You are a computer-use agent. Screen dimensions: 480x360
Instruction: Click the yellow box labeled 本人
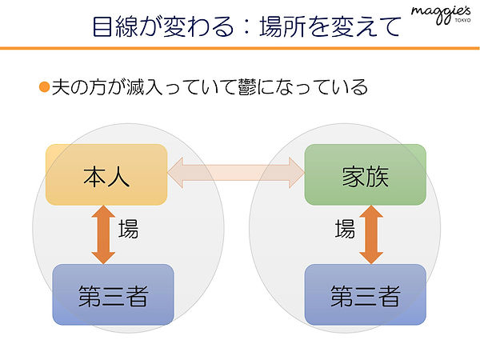coord(106,174)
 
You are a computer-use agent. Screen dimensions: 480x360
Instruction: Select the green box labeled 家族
coord(366,174)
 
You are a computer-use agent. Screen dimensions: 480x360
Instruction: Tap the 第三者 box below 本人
coord(114,294)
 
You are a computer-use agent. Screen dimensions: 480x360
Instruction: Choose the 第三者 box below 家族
coord(366,294)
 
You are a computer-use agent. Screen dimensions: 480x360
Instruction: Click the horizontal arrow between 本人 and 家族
coord(236,173)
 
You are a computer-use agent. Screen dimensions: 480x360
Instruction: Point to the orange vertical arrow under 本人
coord(103,234)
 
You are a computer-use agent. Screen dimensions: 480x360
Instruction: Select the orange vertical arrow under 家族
coord(371,234)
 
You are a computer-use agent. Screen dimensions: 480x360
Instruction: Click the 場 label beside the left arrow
coord(129,229)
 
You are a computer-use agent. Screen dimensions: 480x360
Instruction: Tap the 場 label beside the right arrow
coord(345,229)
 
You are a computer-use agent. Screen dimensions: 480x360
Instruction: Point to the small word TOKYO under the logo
coord(463,21)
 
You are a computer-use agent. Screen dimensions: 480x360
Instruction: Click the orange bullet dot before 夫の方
coord(44,87)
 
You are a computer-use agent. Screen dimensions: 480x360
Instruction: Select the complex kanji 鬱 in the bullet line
coord(247,87)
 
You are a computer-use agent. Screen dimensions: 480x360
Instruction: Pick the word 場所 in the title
coord(283,27)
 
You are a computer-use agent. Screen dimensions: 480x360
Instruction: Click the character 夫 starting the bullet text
coord(61,87)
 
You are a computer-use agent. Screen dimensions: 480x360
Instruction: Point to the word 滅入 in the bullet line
coord(144,87)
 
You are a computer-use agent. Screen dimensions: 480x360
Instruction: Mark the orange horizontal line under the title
coord(240,48)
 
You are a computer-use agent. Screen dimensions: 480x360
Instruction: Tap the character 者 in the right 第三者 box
coord(389,296)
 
